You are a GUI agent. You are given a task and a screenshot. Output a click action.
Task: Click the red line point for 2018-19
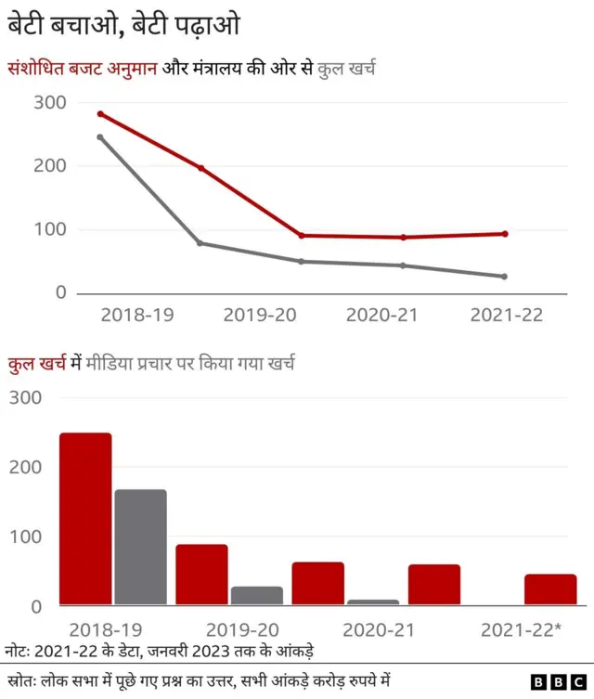click(99, 114)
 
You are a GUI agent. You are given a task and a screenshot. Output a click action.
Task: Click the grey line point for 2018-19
click(99, 137)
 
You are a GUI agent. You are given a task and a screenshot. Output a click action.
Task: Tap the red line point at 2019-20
click(200, 168)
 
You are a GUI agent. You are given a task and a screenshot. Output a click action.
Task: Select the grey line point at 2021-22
click(505, 277)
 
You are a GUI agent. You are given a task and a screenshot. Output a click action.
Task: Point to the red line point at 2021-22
click(505, 234)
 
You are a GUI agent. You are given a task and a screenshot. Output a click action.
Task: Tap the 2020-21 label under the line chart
click(382, 315)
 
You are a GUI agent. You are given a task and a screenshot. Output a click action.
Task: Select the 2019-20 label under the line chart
click(260, 315)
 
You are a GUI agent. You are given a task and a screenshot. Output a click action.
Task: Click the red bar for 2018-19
click(85, 519)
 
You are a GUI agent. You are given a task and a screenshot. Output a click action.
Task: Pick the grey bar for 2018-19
click(140, 548)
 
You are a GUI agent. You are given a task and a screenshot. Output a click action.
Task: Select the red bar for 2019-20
click(201, 575)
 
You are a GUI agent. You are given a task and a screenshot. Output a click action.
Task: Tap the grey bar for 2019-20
click(257, 596)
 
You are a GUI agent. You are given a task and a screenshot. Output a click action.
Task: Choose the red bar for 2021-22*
click(549, 589)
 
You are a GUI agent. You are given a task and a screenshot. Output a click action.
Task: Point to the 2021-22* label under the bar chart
click(521, 630)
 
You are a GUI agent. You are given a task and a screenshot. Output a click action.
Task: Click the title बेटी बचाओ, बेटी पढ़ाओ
click(123, 25)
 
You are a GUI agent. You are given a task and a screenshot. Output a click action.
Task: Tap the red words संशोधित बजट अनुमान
click(84, 68)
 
